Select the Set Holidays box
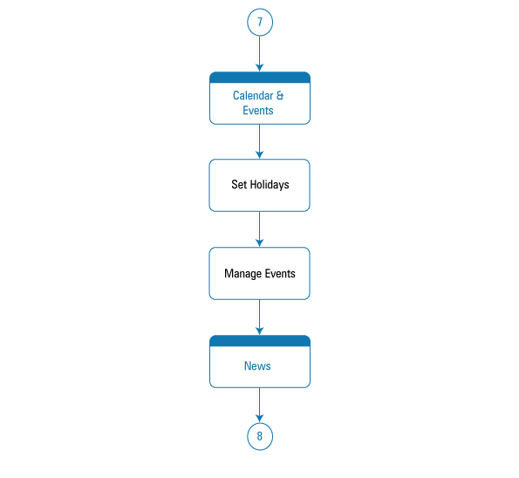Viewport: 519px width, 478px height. tap(260, 186)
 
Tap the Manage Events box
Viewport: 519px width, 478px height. tap(260, 273)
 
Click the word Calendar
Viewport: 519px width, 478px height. tap(253, 96)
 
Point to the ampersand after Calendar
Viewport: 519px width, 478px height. tap(280, 96)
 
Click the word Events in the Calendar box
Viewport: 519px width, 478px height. tap(258, 111)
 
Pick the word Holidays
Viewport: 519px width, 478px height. tap(270, 185)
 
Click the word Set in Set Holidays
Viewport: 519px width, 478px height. tap(239, 185)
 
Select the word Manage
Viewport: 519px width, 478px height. tap(243, 274)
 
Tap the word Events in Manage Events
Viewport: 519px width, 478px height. tap(280, 274)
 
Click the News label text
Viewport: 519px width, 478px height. tap(257, 366)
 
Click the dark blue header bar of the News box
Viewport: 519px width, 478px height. tap(260, 341)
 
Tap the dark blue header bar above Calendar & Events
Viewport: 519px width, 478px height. tap(260, 78)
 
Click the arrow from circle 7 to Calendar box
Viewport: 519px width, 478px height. tap(260, 53)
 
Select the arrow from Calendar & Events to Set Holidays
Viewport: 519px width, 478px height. tap(260, 141)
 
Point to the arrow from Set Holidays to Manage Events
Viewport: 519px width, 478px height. tap(260, 229)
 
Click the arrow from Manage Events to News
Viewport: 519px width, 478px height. tap(260, 318)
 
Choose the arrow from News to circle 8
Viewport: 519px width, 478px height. tap(260, 406)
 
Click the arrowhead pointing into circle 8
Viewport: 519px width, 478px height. tap(260, 419)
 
